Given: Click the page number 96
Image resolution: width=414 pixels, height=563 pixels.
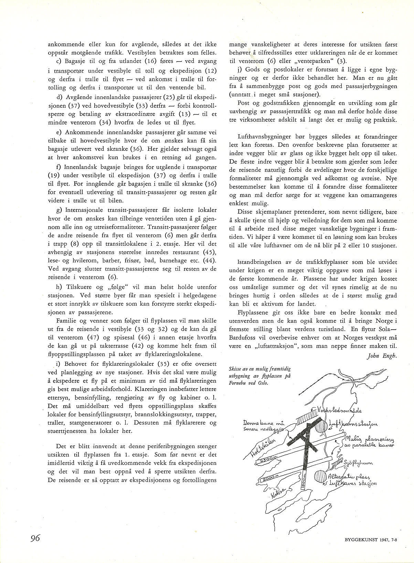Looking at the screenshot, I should (35, 538).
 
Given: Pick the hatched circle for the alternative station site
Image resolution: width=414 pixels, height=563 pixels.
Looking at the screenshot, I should (320, 478).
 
